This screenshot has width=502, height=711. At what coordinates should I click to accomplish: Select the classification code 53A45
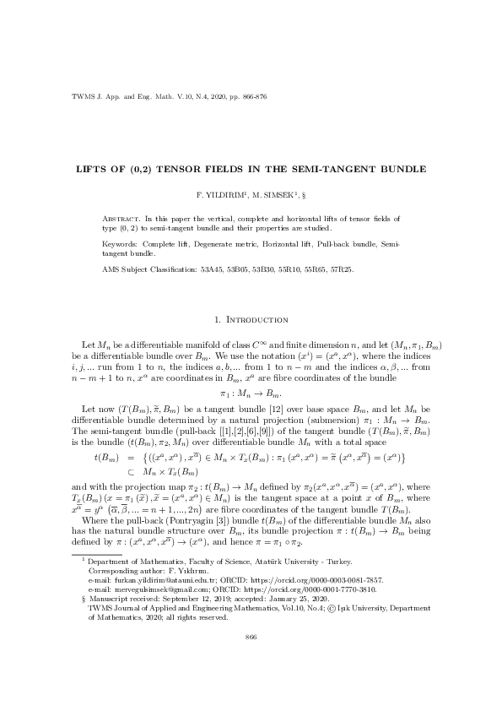pos(213,270)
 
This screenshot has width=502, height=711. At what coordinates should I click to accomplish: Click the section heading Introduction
pos(256,320)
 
